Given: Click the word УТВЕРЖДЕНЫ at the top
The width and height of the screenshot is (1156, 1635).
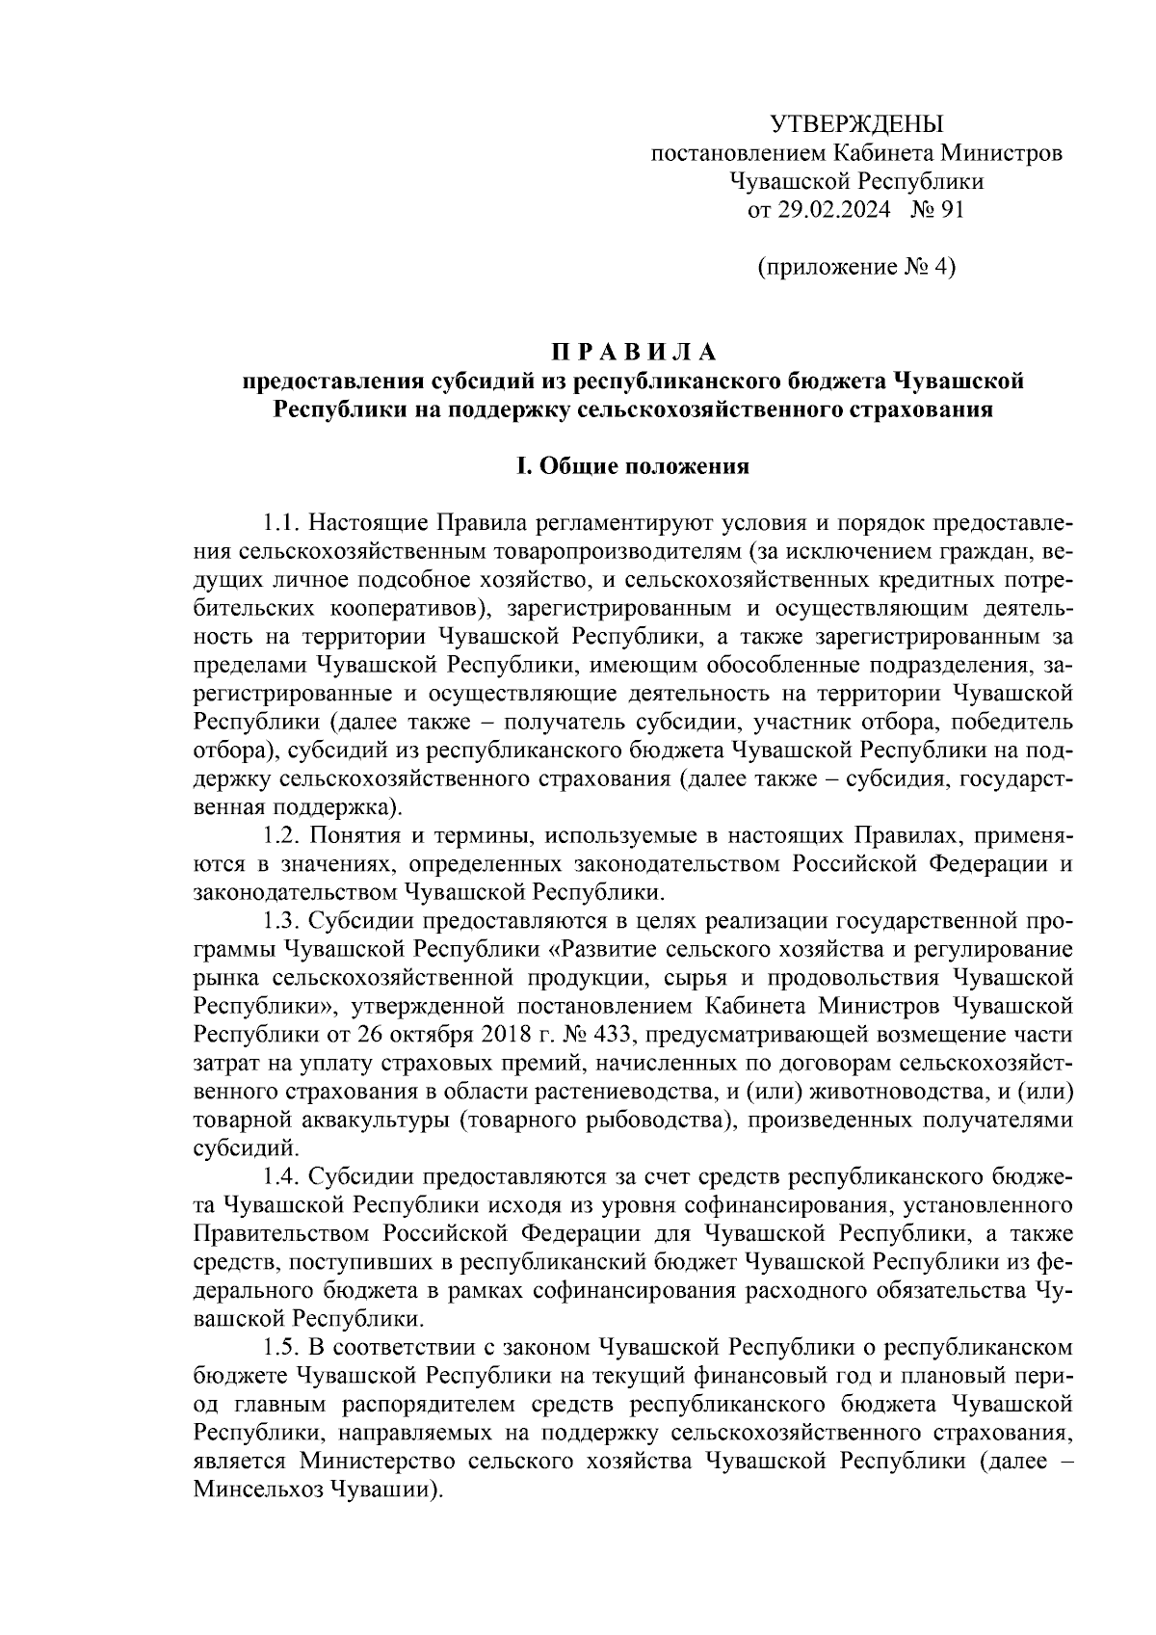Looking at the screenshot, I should tap(857, 123).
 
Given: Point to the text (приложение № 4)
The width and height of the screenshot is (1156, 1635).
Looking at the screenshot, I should tap(856, 267).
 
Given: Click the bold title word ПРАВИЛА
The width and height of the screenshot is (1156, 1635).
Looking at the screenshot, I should tap(635, 351).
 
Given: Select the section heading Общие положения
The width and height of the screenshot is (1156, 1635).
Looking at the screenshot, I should tap(644, 467).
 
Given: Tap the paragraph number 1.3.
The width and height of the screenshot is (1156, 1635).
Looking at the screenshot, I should tap(279, 919).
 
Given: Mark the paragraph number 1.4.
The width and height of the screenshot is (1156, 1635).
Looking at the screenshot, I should tap(279, 1177).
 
